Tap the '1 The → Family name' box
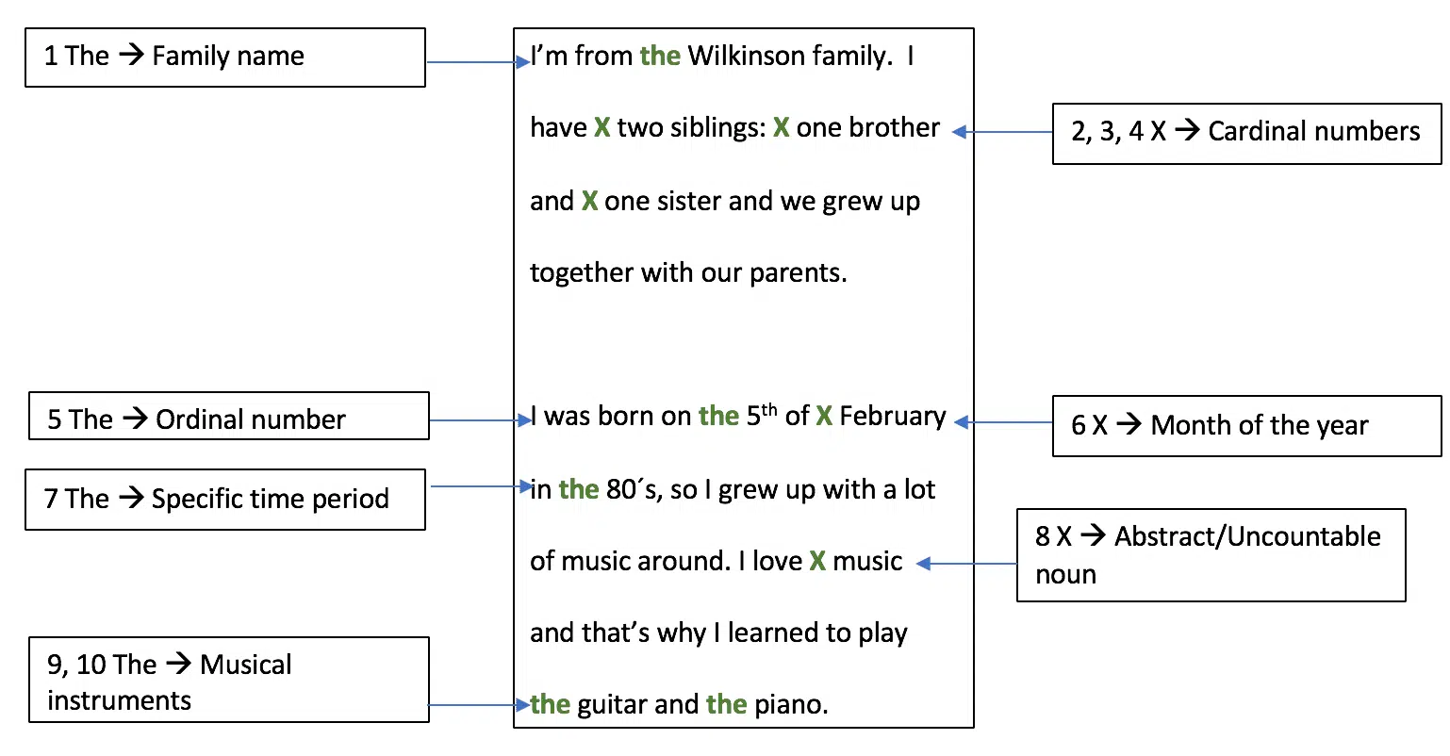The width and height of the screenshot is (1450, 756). pos(225,57)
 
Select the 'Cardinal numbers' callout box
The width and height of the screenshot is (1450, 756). pos(1246,133)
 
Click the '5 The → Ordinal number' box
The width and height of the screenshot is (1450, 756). pos(228,416)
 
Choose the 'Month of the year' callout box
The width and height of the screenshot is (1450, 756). pos(1246,426)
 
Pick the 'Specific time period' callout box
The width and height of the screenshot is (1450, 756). pos(225,500)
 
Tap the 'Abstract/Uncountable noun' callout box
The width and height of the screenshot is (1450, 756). pos(1211,555)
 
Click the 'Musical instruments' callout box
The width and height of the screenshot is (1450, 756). pos(228,680)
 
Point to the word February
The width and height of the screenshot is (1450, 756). pos(893,417)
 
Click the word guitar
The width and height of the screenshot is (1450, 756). pos(612,704)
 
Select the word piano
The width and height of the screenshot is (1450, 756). pos(791,705)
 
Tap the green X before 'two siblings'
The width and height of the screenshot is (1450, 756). pos(602,127)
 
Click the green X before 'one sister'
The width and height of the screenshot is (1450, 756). pos(589,202)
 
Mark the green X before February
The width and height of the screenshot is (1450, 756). pos(824,417)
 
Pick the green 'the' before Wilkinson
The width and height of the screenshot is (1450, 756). pos(660,56)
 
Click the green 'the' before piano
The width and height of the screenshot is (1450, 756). pos(726,704)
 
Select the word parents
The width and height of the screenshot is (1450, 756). pos(799,273)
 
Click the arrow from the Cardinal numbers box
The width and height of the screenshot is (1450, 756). pos(1002,132)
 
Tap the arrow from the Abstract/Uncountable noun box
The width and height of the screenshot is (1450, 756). pos(966,564)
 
